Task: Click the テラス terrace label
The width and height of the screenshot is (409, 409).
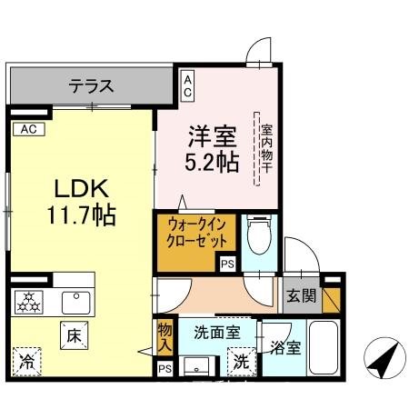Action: tap(92, 87)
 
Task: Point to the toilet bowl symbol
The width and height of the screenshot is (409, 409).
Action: tap(260, 234)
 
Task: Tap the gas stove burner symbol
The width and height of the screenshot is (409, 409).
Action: tap(29, 301)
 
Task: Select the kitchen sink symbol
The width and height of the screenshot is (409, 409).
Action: tap(72, 301)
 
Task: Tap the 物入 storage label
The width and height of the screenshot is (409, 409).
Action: tap(164, 337)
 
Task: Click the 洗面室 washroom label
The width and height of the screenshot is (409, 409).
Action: tap(216, 333)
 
